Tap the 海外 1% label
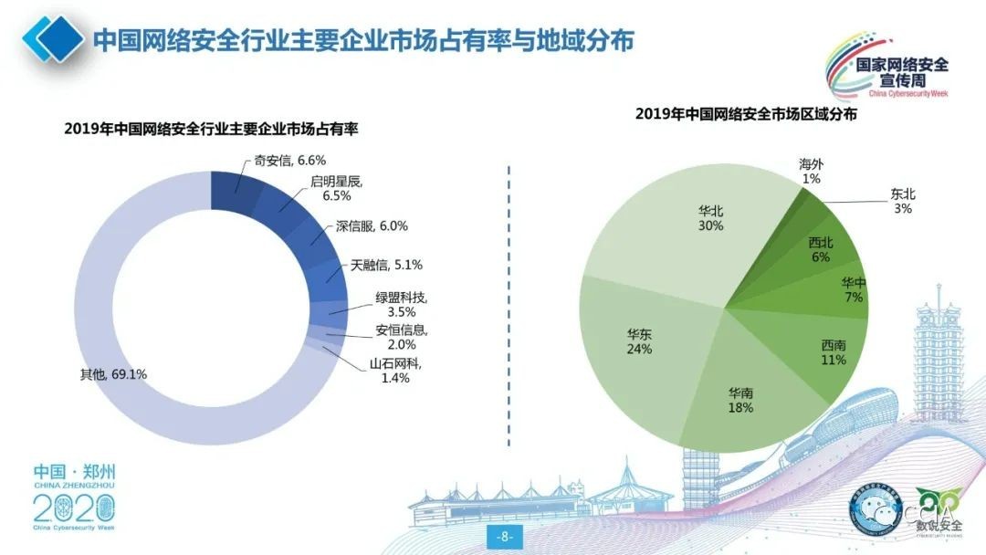(x=811, y=172)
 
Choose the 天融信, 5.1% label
(x=386, y=266)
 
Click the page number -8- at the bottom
(x=504, y=536)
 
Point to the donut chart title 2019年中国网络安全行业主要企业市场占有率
(x=211, y=130)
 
